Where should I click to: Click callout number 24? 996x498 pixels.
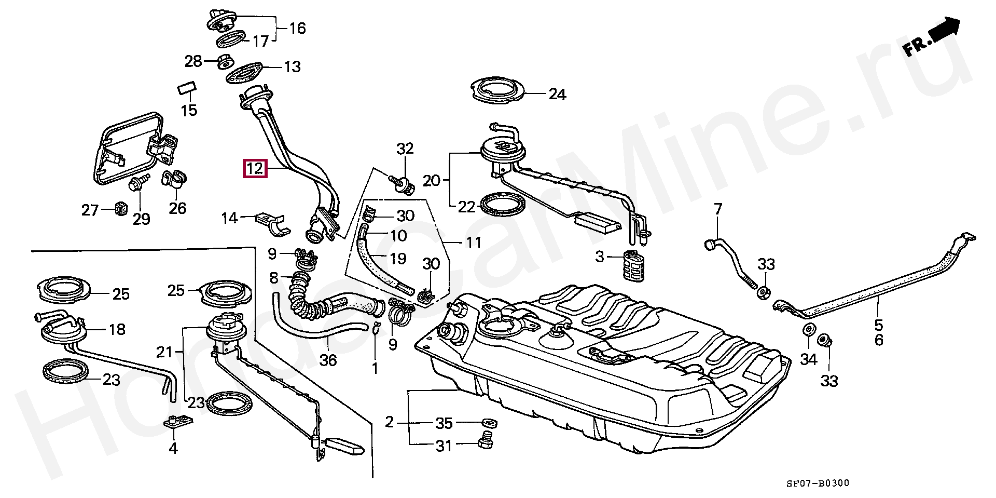557,95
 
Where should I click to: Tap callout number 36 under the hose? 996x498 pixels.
328,359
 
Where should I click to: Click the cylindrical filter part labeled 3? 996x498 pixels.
629,265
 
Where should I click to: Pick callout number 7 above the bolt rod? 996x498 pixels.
717,210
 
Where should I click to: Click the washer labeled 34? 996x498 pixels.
808,330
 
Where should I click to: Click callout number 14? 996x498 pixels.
229,218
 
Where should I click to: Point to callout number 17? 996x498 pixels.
260,41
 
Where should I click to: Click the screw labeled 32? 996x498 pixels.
402,181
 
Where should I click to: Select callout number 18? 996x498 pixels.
117,329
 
